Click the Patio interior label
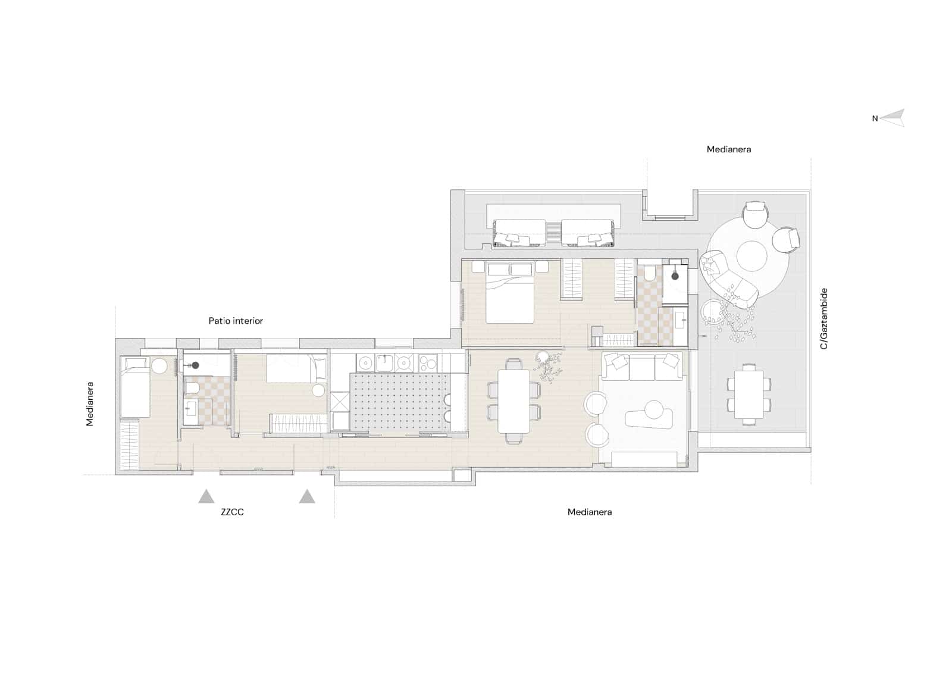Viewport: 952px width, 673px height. (x=236, y=321)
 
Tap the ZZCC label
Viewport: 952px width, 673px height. (x=232, y=512)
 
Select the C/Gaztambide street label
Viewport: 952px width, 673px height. (x=824, y=318)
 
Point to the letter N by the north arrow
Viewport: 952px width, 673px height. (x=875, y=118)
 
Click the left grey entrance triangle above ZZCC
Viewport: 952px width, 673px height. (x=206, y=496)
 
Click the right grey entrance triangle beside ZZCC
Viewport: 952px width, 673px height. (x=307, y=496)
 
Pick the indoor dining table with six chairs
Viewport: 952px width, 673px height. (x=513, y=401)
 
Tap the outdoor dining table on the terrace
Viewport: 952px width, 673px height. (x=749, y=394)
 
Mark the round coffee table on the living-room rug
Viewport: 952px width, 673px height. (x=654, y=409)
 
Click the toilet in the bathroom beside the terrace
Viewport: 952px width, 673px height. (x=649, y=274)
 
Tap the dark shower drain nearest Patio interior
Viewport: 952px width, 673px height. (x=195, y=365)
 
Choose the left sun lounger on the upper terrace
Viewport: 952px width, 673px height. (x=519, y=233)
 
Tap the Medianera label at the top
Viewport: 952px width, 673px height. (x=728, y=149)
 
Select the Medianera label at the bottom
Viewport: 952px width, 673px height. (x=589, y=512)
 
